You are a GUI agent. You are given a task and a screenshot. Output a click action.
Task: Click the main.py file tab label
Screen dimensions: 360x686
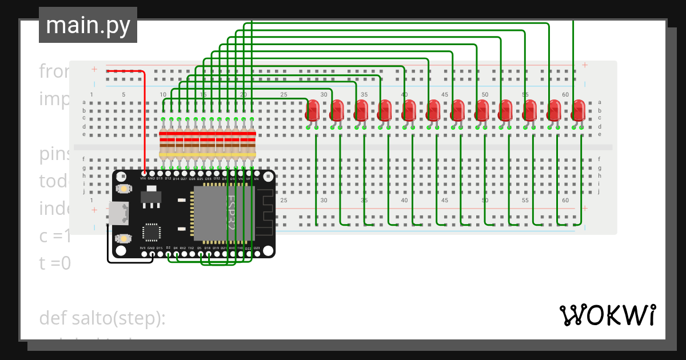coord(87,25)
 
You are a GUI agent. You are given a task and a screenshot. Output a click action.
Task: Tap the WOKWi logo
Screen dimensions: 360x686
coord(607,315)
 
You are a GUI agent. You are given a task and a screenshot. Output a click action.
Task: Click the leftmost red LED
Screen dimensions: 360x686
coord(313,110)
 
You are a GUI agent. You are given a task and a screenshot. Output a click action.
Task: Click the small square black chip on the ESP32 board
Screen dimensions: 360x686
coord(151,232)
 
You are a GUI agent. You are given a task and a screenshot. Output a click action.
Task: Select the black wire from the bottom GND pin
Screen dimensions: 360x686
coord(129,262)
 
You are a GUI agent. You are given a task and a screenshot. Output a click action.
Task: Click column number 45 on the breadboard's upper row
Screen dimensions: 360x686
coord(444,94)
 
